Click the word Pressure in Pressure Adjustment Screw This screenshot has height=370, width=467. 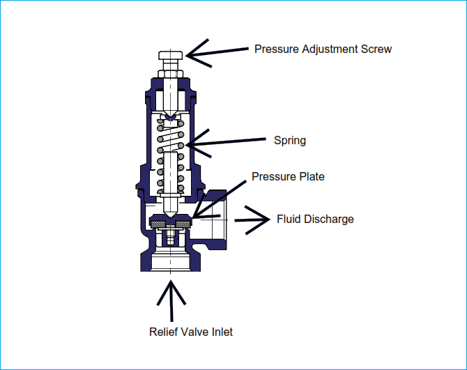coord(277,49)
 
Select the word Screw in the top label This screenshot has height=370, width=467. coord(376,49)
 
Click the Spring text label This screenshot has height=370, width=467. coord(290,141)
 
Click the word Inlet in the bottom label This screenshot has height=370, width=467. coord(222,332)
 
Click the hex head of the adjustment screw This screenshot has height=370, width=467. coord(170,55)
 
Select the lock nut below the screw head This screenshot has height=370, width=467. coord(170,74)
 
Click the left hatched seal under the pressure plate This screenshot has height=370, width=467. coord(158,224)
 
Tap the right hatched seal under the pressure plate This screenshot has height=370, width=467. coord(183,224)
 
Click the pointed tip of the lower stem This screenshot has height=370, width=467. coord(171,217)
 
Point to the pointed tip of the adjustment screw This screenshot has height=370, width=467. coord(170,116)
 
